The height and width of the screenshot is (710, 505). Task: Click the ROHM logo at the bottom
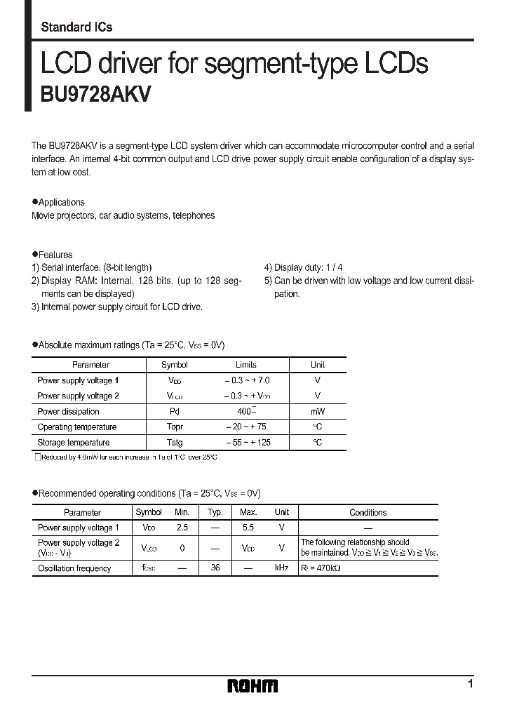tap(252, 685)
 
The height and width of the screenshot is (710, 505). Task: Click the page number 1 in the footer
tap(471, 683)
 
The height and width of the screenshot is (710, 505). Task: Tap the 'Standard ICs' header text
tap(76, 27)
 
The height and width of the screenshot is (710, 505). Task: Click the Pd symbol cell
tap(175, 412)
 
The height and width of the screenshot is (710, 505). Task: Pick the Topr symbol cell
tap(175, 427)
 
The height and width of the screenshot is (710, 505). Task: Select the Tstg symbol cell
tap(175, 443)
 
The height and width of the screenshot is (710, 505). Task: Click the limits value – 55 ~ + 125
tap(247, 443)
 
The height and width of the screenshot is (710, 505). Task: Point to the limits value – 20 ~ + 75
tap(246, 427)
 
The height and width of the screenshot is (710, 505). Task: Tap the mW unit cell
tap(318, 412)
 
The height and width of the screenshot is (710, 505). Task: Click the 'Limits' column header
tap(246, 365)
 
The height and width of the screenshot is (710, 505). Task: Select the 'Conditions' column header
tap(368, 513)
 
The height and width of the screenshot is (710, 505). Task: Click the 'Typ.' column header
tap(215, 513)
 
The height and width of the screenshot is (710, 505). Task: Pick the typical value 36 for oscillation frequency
tap(215, 568)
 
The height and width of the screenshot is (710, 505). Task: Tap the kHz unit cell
tap(282, 568)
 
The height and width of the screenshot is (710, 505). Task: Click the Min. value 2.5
tap(182, 527)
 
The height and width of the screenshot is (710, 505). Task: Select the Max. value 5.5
tap(248, 527)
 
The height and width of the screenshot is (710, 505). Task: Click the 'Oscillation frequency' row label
tap(74, 568)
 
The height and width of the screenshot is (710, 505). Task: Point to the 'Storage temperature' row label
tap(74, 443)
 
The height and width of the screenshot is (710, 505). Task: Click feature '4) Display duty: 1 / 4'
tap(304, 267)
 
